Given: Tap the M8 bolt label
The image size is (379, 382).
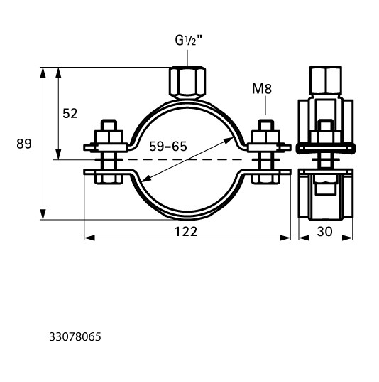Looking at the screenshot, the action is click(262, 89).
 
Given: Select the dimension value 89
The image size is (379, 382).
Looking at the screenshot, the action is click(24, 144).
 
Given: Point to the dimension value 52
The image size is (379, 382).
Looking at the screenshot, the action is click(70, 114).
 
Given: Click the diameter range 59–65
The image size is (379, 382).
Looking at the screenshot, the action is click(168, 147).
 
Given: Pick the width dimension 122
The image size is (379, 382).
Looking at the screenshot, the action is click(186, 232).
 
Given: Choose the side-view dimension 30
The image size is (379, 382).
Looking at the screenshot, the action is click(324, 232).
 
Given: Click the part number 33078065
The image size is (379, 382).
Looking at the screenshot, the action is click(75, 337).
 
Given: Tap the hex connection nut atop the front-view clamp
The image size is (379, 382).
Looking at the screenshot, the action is click(187, 83).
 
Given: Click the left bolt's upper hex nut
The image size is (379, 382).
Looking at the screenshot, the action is click(109, 137).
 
